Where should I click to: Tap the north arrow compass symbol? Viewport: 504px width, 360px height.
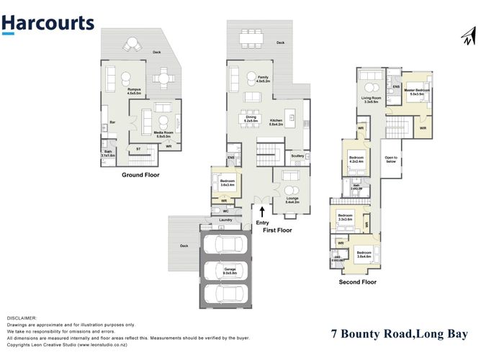[469, 36]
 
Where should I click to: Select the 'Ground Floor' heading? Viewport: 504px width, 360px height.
[140, 175]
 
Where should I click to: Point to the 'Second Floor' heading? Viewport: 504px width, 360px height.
[358, 282]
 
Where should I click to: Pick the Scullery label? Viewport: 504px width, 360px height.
[297, 156]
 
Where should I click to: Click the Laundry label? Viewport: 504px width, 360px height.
[225, 219]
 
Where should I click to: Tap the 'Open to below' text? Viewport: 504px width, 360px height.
[392, 160]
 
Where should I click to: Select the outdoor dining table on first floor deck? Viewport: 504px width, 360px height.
[251, 32]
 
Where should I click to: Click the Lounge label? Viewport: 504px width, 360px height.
[292, 199]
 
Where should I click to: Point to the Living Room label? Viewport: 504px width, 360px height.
[371, 99]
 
